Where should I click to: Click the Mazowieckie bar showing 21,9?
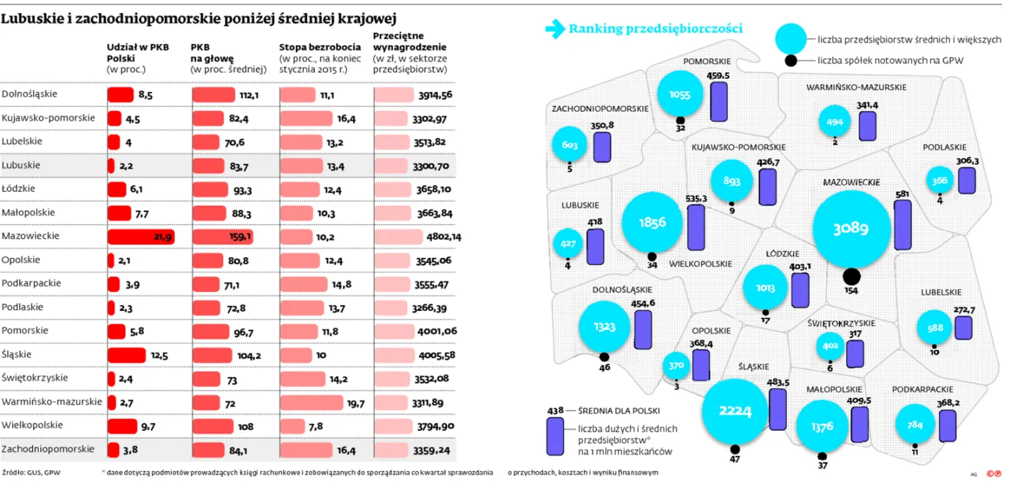140,237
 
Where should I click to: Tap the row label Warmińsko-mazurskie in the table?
52,401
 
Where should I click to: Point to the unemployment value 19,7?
356,402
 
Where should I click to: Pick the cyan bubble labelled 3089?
851,229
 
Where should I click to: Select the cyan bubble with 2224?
735,412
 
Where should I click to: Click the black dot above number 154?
851,276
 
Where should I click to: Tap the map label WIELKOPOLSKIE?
701,264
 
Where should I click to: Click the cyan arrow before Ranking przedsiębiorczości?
555,28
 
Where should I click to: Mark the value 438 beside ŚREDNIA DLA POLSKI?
555,410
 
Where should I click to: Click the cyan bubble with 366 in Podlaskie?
940,180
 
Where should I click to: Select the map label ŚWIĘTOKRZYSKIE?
841,322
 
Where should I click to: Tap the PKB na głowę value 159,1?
241,237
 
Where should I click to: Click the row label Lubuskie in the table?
21,165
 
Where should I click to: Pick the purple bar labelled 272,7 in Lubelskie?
963,327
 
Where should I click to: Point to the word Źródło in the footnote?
12,472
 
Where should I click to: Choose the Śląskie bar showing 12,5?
126,355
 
